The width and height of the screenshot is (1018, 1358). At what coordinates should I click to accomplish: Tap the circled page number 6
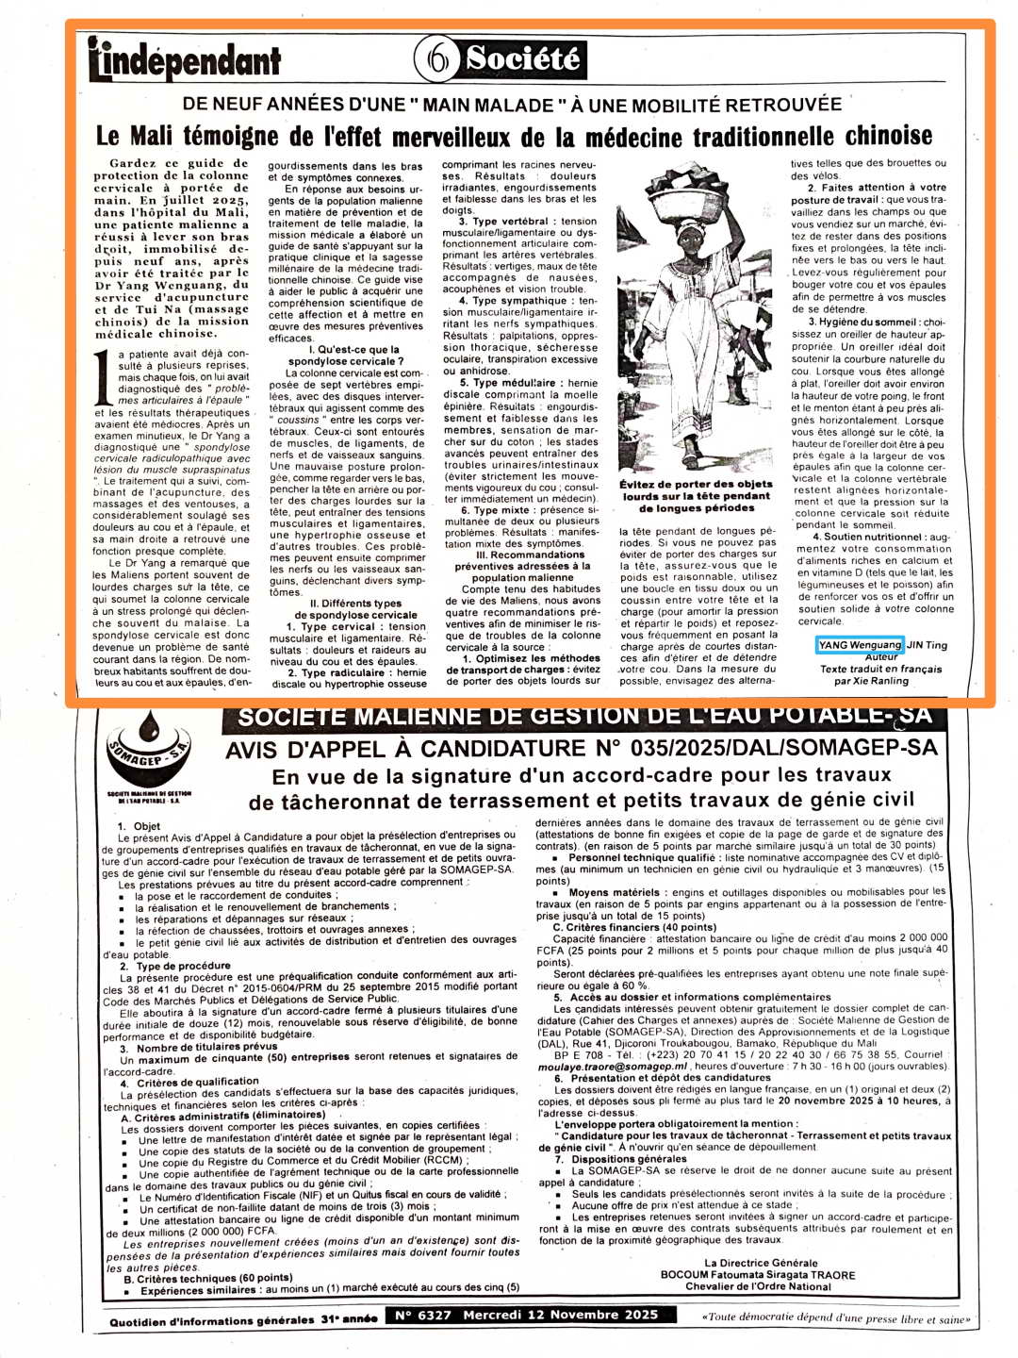click(437, 59)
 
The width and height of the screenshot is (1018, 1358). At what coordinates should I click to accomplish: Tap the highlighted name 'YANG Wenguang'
click(860, 645)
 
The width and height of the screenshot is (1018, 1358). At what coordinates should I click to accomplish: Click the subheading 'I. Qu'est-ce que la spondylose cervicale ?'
click(345, 356)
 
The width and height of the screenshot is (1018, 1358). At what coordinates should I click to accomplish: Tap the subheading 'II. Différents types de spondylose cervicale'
click(348, 609)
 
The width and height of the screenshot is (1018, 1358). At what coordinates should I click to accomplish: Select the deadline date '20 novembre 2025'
click(838, 1101)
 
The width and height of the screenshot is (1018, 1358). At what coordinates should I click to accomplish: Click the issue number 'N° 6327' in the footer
click(422, 1315)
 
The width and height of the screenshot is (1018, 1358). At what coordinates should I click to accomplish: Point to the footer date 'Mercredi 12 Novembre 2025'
click(560, 1315)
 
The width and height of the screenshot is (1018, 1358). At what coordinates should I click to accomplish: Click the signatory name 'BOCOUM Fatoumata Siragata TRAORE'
click(758, 1275)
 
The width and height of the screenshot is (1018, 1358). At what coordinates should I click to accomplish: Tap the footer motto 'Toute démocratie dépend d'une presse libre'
click(835, 1317)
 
